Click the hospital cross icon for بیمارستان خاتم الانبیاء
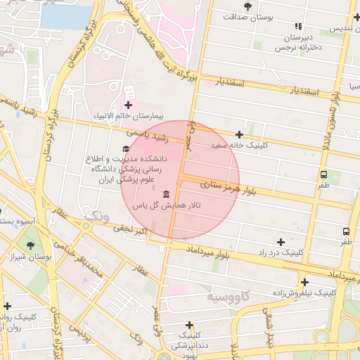pyautogui.click(x=128, y=105)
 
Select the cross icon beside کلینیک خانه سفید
pyautogui.click(x=239, y=134)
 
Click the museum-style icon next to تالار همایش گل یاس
pyautogui.click(x=166, y=194)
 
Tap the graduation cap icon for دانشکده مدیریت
pyautogui.click(x=126, y=148)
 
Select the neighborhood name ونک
pyautogui.click(x=96, y=215)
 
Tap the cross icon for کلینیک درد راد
pyautogui.click(x=281, y=241)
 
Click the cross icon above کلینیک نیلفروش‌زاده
pyautogui.click(x=304, y=282)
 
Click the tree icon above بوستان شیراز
pyautogui.click(x=30, y=245)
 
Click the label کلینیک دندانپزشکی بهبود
pyautogui.click(x=188, y=344)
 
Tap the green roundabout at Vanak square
pyautogui.click(x=86, y=226)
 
